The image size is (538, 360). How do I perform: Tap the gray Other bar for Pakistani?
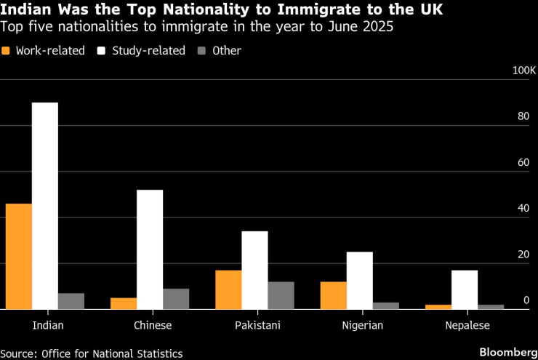(x=281, y=295)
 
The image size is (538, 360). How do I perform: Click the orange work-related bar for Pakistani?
(x=228, y=289)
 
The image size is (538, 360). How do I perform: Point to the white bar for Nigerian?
(x=359, y=280)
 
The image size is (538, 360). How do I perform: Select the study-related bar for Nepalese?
(x=464, y=289)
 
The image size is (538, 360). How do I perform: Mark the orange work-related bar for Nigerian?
(x=333, y=295)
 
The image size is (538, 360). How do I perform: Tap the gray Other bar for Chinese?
(x=176, y=299)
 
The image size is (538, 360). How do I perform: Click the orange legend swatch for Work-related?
(x=7, y=51)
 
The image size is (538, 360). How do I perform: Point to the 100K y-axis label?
(x=523, y=71)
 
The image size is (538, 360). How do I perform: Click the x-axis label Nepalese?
(x=467, y=325)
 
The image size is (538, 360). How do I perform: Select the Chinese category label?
(x=153, y=325)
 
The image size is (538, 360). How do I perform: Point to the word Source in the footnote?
(x=19, y=353)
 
